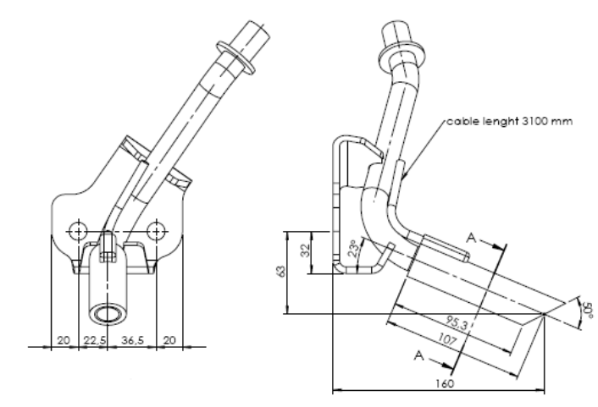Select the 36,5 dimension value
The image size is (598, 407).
point(133,340)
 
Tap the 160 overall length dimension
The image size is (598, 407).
point(445,383)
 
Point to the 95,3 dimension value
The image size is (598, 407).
point(457,323)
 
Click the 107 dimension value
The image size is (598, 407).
point(447,338)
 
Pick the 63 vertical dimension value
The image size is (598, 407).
point(281,272)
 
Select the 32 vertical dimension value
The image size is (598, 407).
point(305,250)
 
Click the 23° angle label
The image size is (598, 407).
point(353,249)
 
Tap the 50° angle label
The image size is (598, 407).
point(589,310)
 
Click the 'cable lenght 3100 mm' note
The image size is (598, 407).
point(510,121)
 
